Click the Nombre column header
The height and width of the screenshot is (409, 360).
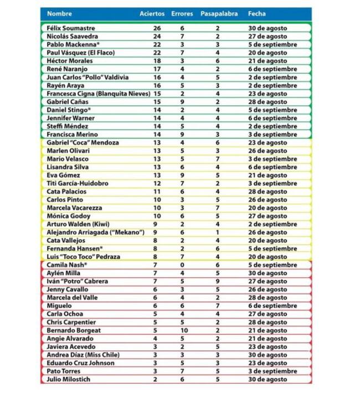59,13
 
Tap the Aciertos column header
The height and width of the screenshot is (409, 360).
152,13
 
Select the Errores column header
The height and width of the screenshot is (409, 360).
182,13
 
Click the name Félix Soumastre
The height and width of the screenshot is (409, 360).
71,28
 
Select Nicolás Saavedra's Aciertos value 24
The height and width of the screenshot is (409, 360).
157,37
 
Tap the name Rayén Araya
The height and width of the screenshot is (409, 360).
64,86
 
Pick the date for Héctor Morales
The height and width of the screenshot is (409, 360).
267,61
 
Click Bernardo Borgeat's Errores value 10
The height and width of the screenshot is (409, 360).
182,330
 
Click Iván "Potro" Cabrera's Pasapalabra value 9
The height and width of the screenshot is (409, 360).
218,281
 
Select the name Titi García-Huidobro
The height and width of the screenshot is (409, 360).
78,183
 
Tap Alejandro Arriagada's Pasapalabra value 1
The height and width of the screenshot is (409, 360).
218,232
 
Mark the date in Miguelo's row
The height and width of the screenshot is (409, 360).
272,306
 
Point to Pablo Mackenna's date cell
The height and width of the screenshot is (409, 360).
272,45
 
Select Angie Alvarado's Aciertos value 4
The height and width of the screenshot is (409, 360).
157,338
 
